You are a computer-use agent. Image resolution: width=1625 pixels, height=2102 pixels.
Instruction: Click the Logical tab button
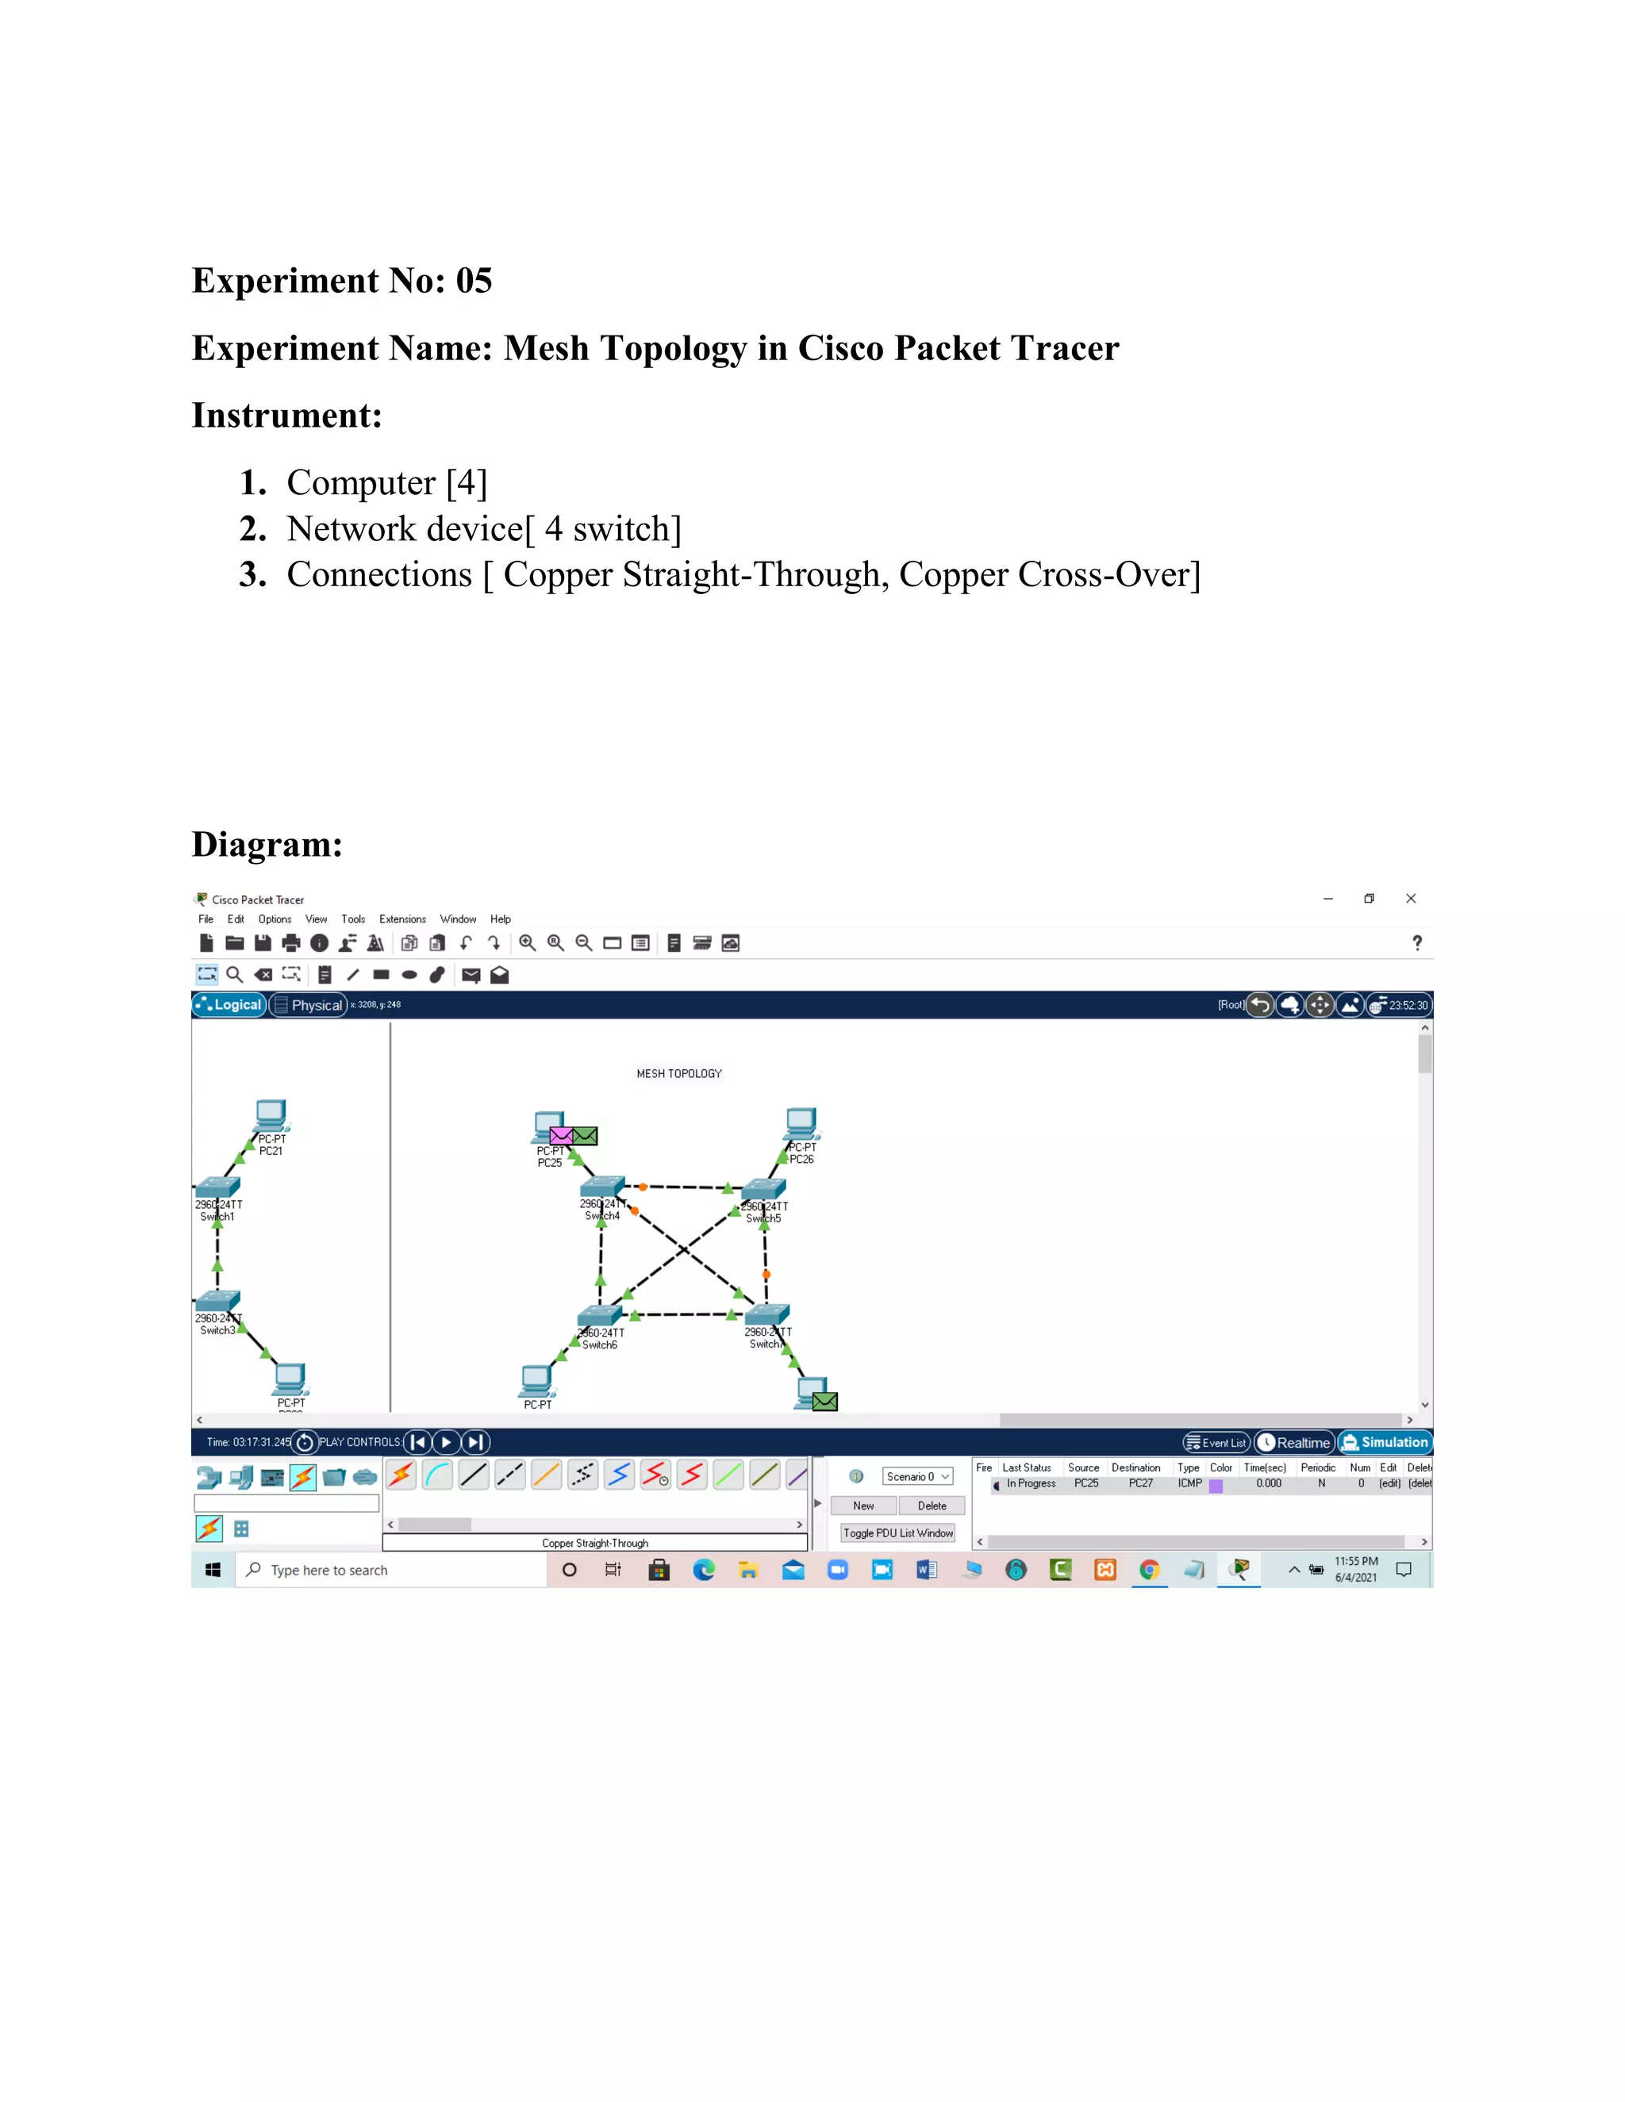[x=229, y=1005]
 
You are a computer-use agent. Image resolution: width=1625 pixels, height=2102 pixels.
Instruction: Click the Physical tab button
[x=308, y=1005]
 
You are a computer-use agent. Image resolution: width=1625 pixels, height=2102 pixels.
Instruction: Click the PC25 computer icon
[x=547, y=1127]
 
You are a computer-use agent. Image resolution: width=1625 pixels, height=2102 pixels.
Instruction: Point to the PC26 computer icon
[x=801, y=1123]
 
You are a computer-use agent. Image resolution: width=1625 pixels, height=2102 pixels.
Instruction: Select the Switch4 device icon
[x=603, y=1187]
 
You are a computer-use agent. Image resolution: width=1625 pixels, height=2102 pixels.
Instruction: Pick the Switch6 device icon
[x=599, y=1316]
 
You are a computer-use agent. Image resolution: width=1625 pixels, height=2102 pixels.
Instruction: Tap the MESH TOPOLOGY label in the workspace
[x=678, y=1073]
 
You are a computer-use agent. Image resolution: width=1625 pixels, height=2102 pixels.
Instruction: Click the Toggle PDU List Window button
[x=897, y=1533]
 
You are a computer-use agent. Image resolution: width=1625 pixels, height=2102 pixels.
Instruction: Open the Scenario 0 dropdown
[x=917, y=1476]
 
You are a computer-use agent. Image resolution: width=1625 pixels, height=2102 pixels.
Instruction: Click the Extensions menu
[x=402, y=919]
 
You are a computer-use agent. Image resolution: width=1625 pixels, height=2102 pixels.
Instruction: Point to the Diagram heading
[x=267, y=844]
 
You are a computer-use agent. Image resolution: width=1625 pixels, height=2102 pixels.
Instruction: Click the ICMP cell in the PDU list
[x=1189, y=1483]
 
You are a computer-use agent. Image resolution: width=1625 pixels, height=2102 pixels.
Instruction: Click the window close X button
[x=1410, y=898]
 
